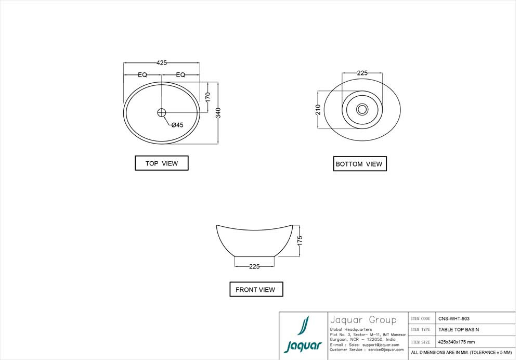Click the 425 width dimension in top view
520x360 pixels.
[x=162, y=63]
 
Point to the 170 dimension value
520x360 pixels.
[x=207, y=97]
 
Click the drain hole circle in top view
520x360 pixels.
[x=161, y=112]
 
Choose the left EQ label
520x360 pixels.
[x=142, y=75]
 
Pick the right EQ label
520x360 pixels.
[x=180, y=75]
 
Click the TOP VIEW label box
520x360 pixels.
[x=162, y=163]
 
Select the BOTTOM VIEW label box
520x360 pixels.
[x=359, y=164]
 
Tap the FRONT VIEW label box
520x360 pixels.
[x=256, y=289]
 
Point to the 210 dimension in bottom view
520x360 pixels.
[x=318, y=110]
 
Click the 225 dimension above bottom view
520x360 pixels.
[x=362, y=73]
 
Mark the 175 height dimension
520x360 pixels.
[x=300, y=240]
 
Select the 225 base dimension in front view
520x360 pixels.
[x=254, y=266]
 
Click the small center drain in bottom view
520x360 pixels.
[x=362, y=109]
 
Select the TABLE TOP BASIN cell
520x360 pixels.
[x=459, y=330]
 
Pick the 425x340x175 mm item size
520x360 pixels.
[x=457, y=342]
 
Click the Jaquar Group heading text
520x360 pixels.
[x=363, y=320]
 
